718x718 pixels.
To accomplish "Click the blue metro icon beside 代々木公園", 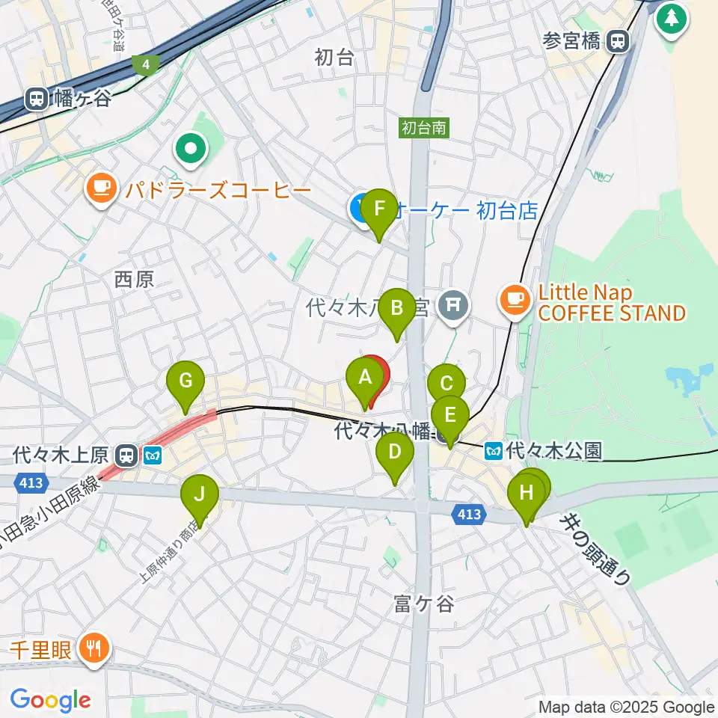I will pos(493,451).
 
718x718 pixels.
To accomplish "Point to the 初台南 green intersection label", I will pos(423,128).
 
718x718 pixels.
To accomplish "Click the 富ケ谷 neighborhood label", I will pos(424,604).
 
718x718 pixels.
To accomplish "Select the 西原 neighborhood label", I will pos(135,280).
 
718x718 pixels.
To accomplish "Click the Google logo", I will pos(50,700).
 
